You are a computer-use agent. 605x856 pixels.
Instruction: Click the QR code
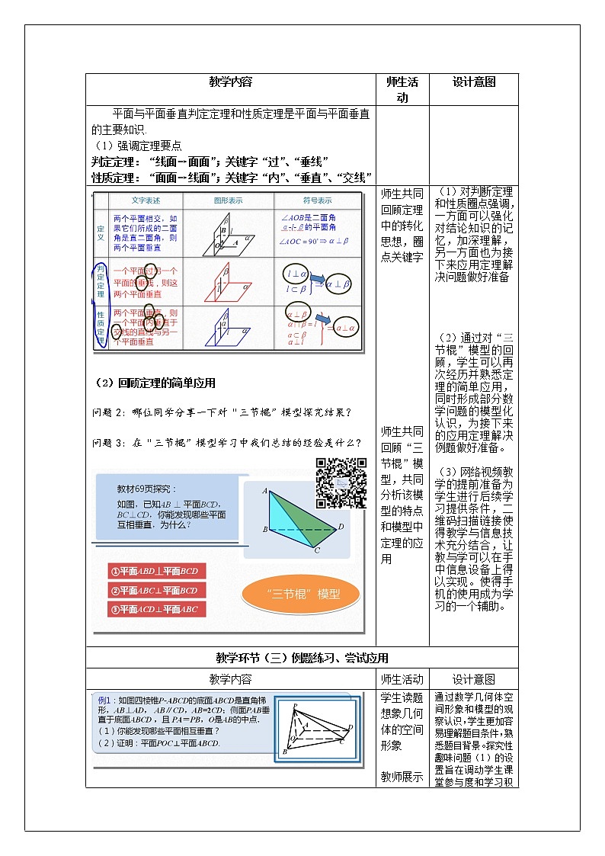341,483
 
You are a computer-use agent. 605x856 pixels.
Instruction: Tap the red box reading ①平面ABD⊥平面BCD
157,571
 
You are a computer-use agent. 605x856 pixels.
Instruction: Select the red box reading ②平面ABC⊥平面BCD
157,590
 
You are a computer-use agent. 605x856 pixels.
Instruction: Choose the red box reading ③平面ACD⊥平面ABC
157,609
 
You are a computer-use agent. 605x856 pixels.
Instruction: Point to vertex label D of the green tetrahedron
341,526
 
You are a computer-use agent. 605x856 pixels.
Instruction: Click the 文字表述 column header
146,200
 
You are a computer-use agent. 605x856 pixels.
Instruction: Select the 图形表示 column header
229,200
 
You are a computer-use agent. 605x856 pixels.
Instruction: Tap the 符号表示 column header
317,200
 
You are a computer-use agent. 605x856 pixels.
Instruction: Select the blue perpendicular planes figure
229,328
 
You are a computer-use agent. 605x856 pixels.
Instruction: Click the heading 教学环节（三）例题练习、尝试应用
302,658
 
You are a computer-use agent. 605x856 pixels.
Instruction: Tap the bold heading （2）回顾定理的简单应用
154,383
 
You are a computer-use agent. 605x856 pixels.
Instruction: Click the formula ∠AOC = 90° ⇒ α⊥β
314,241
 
